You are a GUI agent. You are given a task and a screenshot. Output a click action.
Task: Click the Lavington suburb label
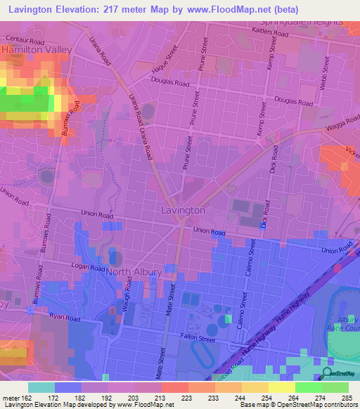(x=182, y=210)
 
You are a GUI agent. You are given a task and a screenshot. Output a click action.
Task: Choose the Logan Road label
(x=88, y=266)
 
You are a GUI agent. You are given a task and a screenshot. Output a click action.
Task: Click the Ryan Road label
(x=63, y=318)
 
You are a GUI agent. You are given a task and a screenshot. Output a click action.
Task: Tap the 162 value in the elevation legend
(x=20, y=398)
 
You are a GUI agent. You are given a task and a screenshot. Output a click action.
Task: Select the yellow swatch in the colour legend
(x=281, y=387)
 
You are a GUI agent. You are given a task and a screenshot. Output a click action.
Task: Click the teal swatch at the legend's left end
(x=41, y=387)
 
